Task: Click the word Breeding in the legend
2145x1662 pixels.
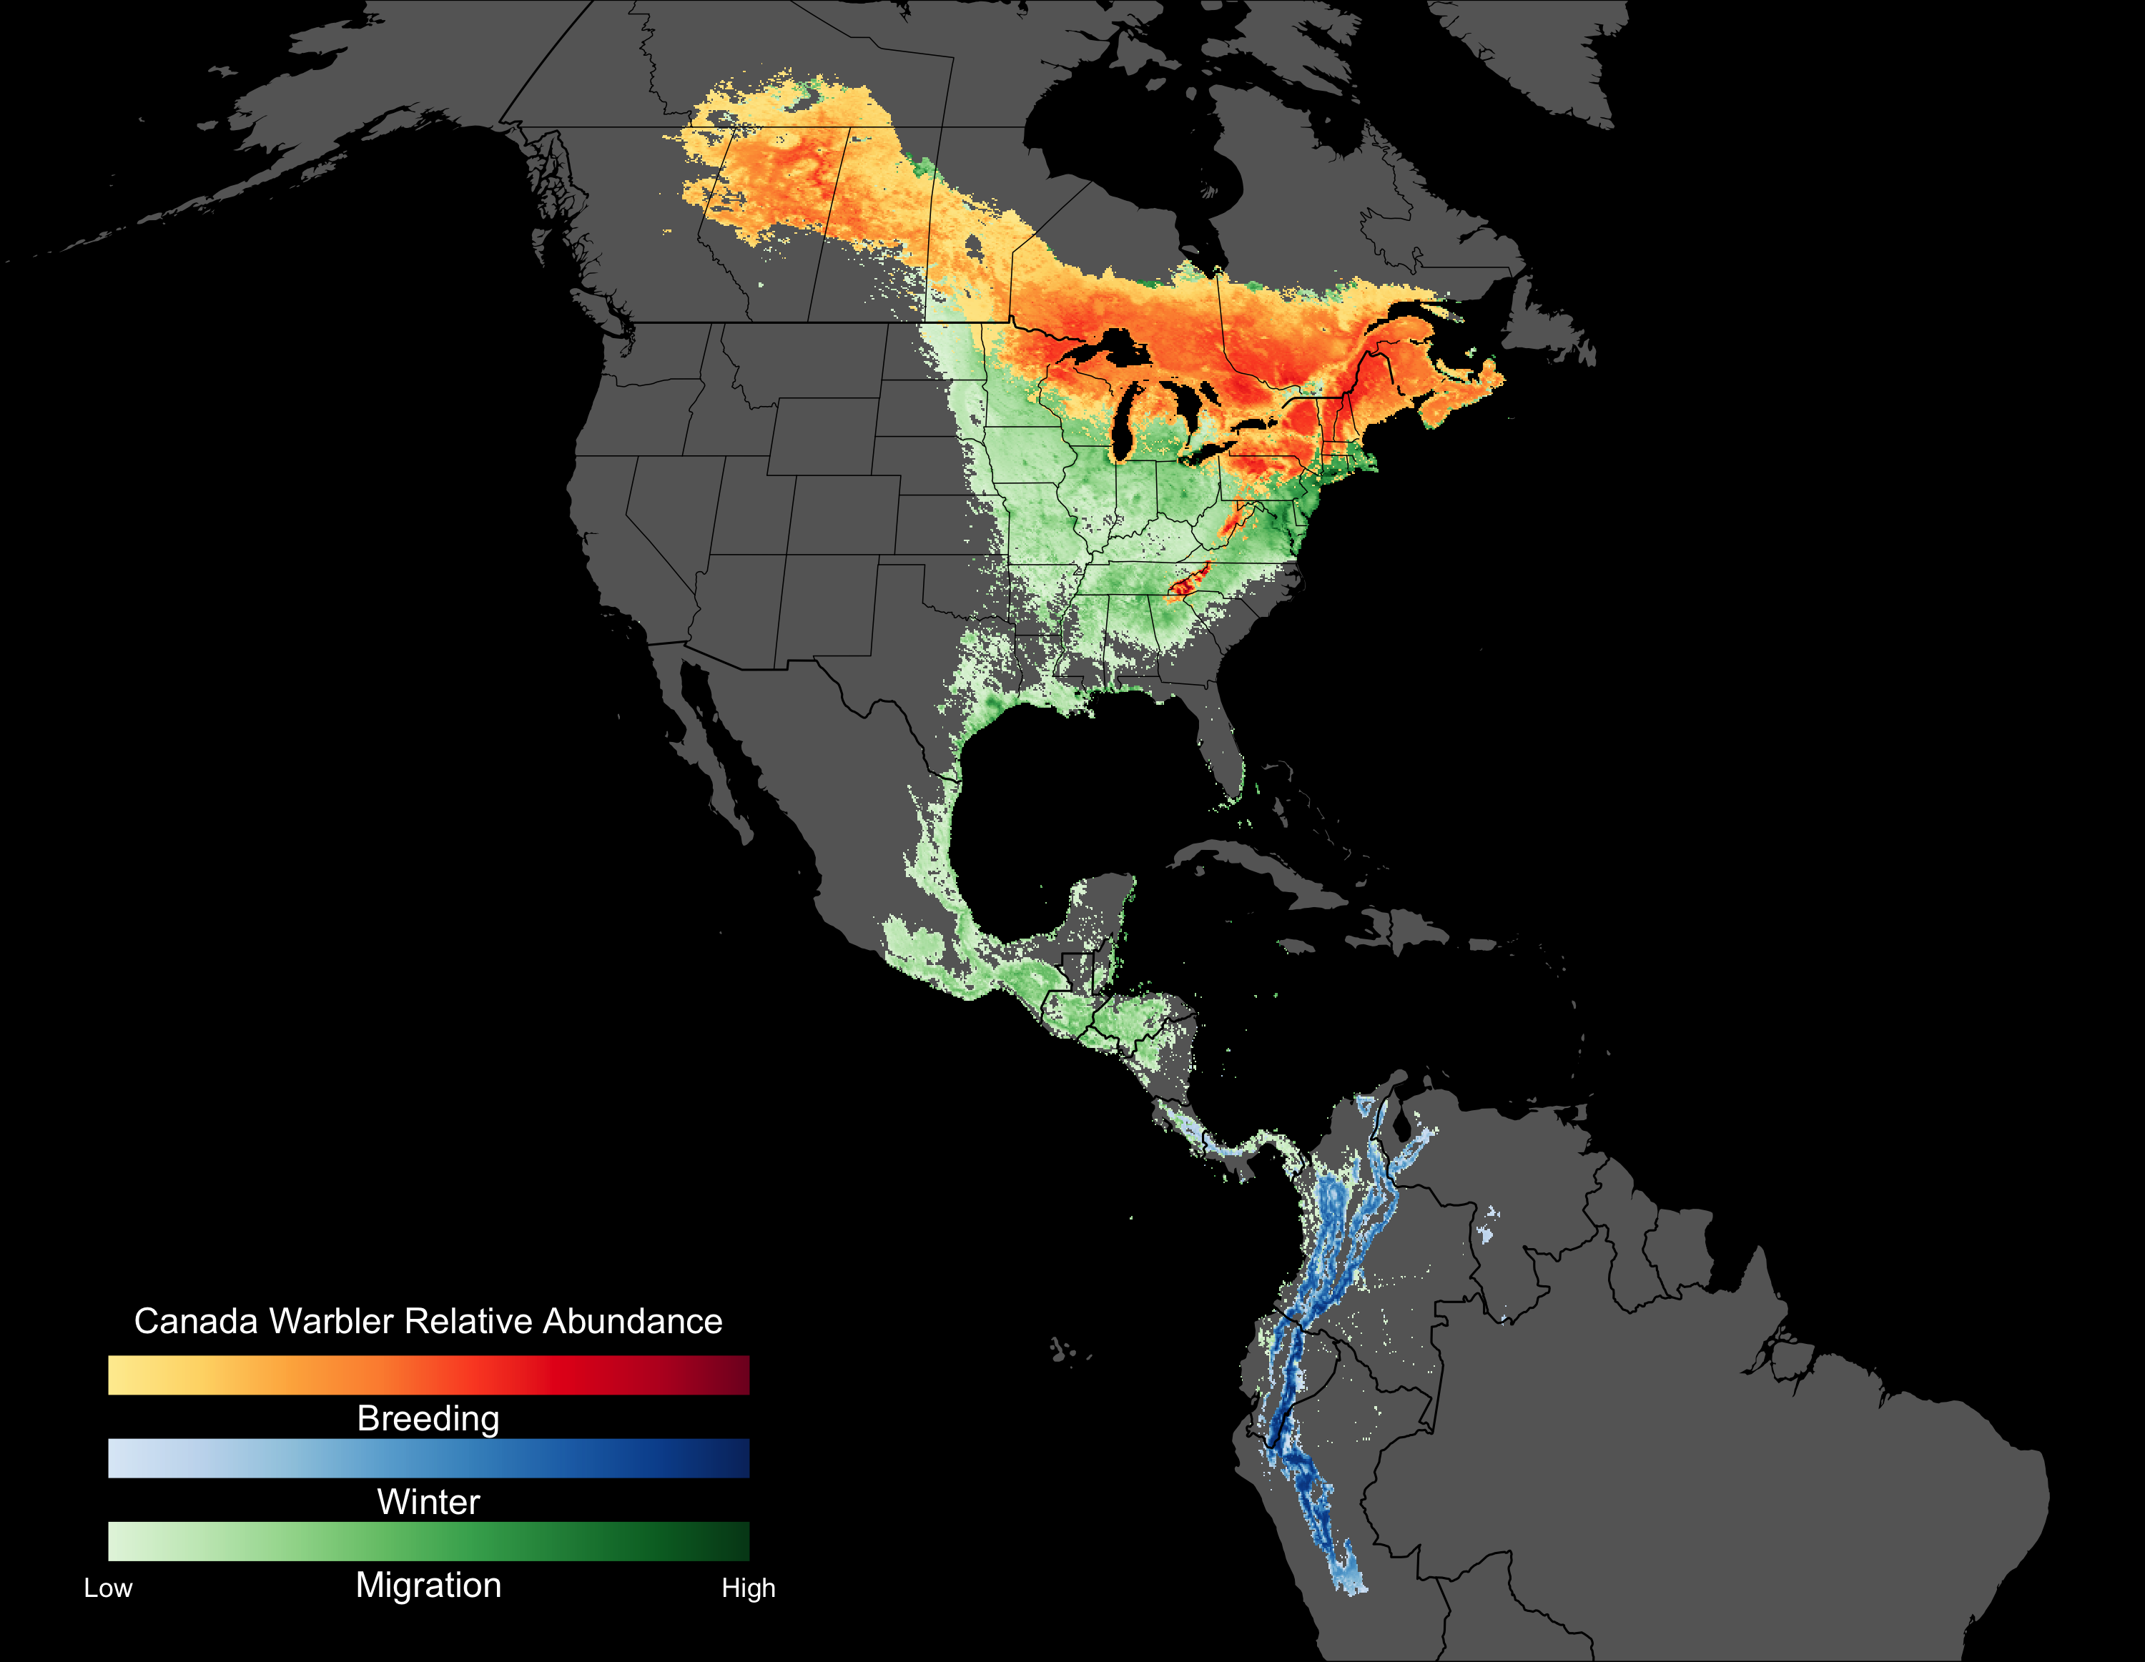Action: pos(428,1418)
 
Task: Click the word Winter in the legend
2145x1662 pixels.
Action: pos(428,1502)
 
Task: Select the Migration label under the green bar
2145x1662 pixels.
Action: pos(428,1586)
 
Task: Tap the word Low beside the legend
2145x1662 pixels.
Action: pos(108,1588)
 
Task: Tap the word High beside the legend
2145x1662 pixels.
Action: pos(749,1588)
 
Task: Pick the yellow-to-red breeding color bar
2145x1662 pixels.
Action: pos(428,1375)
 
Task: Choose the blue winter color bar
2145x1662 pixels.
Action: pos(428,1458)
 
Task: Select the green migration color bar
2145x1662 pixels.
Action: pos(428,1541)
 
